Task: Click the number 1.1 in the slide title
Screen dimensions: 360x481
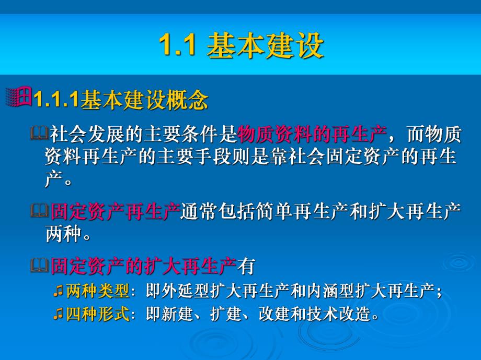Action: coord(177,46)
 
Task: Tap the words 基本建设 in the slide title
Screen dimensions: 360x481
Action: coord(265,46)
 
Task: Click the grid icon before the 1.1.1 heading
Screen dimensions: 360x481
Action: coord(19,97)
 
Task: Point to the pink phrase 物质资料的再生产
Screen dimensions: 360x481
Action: coord(312,135)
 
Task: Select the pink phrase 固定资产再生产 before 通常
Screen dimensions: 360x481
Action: coord(115,212)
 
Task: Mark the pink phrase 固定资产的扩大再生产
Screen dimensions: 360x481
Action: coord(143,267)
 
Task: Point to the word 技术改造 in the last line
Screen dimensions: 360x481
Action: coord(339,315)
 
